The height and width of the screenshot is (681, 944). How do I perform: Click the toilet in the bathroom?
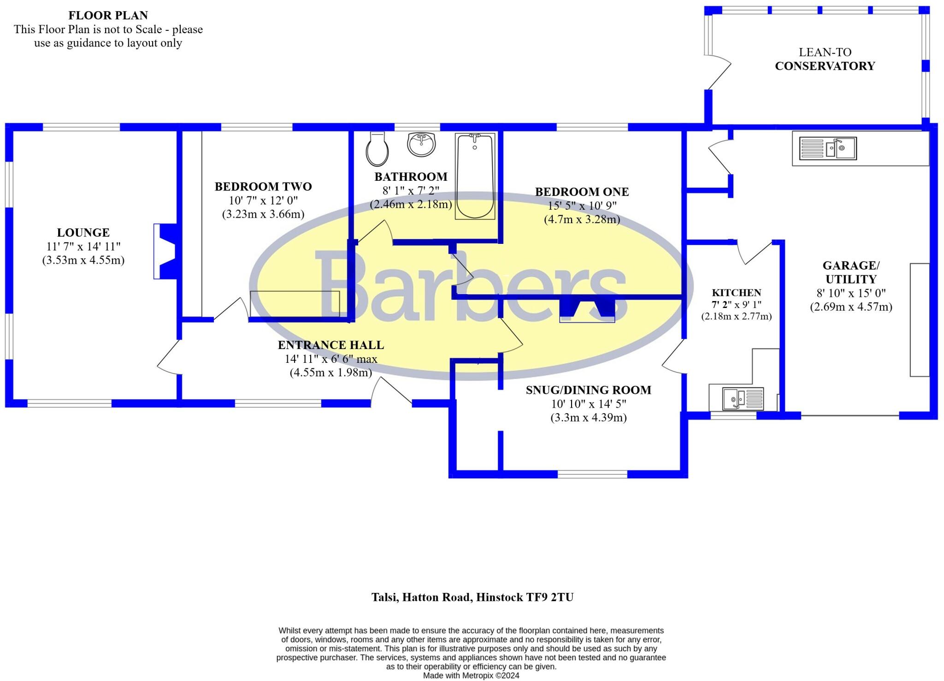pos(378,149)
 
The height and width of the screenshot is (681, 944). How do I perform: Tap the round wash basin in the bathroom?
pos(421,144)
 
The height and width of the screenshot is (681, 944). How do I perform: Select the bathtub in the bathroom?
pos(475,176)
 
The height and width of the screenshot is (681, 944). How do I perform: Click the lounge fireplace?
pos(165,251)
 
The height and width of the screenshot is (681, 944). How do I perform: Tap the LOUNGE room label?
pos(83,232)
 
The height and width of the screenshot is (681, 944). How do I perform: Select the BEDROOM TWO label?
pos(263,187)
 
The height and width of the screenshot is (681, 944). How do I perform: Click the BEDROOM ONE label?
pos(582,192)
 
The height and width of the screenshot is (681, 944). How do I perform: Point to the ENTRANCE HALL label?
pos(331,345)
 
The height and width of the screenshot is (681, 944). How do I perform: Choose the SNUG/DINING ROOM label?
pos(589,390)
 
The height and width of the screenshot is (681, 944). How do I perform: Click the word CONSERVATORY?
pos(825,66)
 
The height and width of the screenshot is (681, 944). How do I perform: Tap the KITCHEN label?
pos(736,293)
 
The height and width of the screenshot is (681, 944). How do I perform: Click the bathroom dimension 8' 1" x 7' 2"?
pos(411,190)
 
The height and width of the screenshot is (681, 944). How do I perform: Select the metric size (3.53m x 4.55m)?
pos(83,260)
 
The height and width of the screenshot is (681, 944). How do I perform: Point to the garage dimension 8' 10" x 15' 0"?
pos(851,293)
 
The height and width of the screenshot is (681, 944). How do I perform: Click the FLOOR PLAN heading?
pos(108,15)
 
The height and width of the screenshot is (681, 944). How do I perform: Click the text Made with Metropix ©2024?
pos(471,675)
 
